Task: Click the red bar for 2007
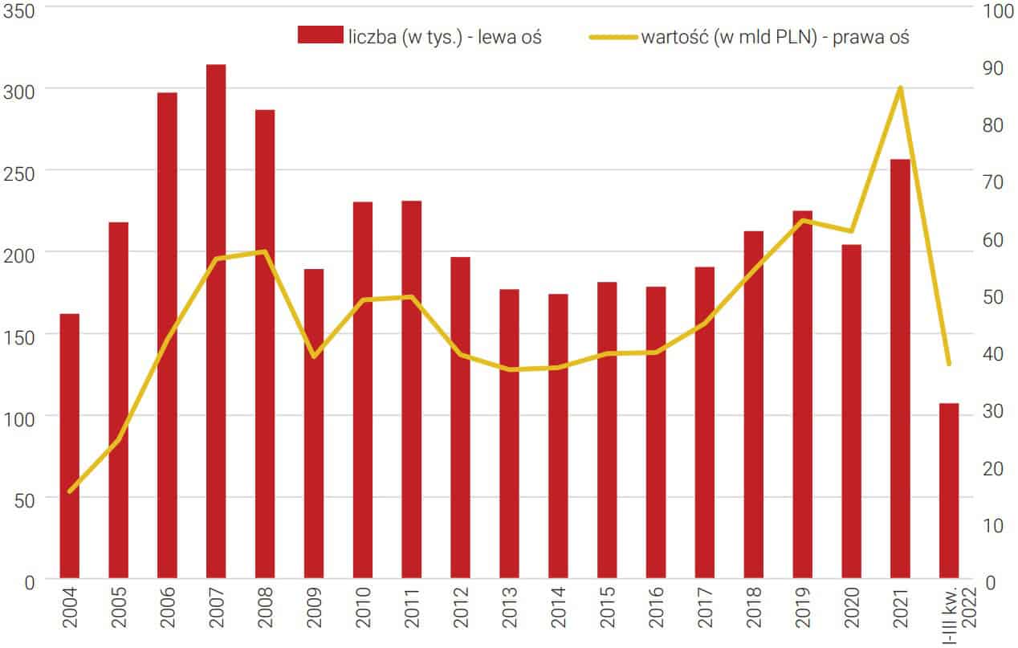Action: [x=216, y=321]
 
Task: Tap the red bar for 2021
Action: [x=900, y=369]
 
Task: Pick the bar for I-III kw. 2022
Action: [x=949, y=490]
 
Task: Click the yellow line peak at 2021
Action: [x=900, y=88]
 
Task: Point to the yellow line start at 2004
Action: [x=70, y=491]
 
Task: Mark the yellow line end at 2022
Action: [x=949, y=364]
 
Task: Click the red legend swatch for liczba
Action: [x=320, y=35]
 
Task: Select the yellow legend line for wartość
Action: [x=613, y=36]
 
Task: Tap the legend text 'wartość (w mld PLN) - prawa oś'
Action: [x=775, y=36]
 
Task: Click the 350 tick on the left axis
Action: [x=19, y=10]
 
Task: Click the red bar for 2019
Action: [x=802, y=393]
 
